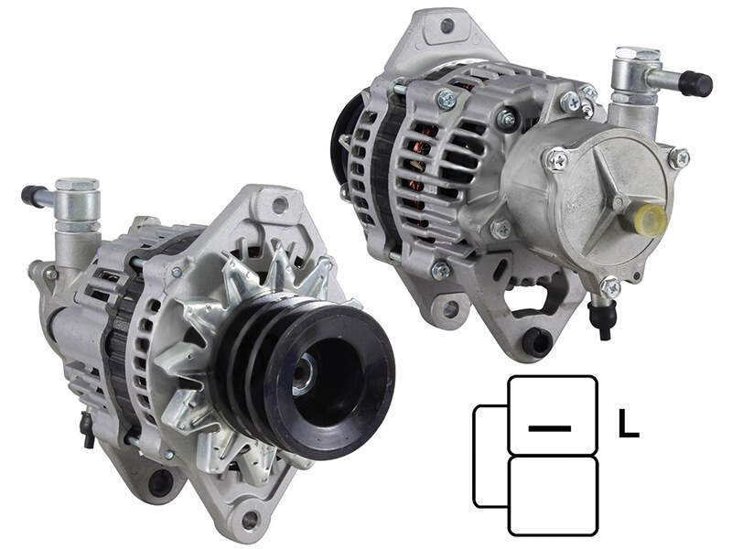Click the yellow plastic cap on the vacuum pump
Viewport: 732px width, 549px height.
click(651, 220)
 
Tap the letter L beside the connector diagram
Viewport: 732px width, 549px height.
click(628, 423)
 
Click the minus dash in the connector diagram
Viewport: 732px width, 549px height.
click(550, 427)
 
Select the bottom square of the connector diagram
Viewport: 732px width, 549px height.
click(554, 496)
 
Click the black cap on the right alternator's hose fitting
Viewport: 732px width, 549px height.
click(695, 84)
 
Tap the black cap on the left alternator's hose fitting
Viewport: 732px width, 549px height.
click(32, 195)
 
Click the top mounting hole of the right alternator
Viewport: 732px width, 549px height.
click(447, 26)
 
